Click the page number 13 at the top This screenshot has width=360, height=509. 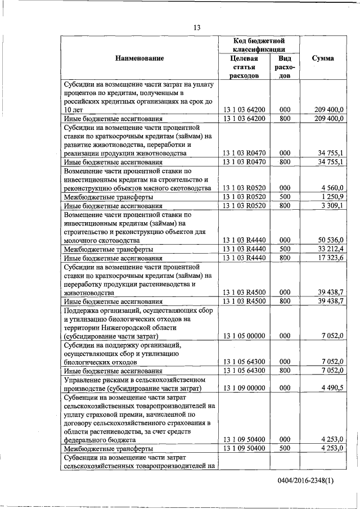click(197, 27)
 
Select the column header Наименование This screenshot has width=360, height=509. click(139, 58)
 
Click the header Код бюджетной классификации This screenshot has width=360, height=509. click(259, 45)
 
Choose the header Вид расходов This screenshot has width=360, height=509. click(285, 67)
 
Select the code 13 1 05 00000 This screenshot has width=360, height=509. click(244, 336)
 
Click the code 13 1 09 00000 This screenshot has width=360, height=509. click(244, 388)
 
